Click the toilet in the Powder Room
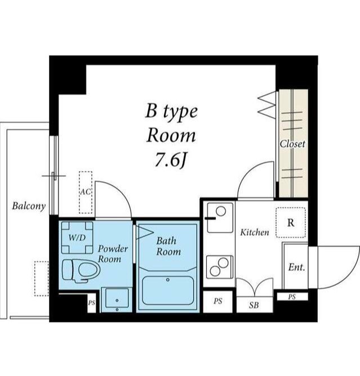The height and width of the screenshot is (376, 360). pyautogui.click(x=81, y=270)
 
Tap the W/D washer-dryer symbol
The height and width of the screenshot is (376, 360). pyautogui.click(x=77, y=238)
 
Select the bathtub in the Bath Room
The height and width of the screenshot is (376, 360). pyautogui.click(x=168, y=290)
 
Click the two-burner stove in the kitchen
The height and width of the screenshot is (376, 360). pyautogui.click(x=220, y=267)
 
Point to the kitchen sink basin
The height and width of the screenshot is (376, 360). pyautogui.click(x=220, y=218)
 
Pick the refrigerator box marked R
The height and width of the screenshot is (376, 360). pyautogui.click(x=291, y=222)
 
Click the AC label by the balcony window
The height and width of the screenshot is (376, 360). pyautogui.click(x=86, y=192)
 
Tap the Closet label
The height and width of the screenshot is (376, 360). pyautogui.click(x=292, y=144)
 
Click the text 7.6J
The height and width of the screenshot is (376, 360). pyautogui.click(x=171, y=160)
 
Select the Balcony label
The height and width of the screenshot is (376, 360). pyautogui.click(x=29, y=206)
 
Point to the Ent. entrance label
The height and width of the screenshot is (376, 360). pyautogui.click(x=297, y=267)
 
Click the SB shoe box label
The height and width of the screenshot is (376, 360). pyautogui.click(x=254, y=305)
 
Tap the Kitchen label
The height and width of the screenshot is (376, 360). pyautogui.click(x=255, y=232)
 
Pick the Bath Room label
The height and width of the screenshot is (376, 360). pyautogui.click(x=168, y=246)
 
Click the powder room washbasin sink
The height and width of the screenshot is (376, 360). pyautogui.click(x=117, y=300)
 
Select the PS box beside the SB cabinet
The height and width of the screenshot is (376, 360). pyautogui.click(x=218, y=302)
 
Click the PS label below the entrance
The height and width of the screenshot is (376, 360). pyautogui.click(x=292, y=297)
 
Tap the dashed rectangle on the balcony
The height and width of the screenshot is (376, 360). pyautogui.click(x=41, y=279)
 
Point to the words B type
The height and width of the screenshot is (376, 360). pyautogui.click(x=172, y=112)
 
